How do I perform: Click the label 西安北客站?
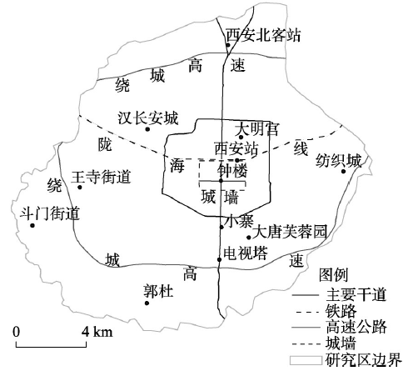point(263,35)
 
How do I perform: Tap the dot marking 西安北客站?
point(228,45)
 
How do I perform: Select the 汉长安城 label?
point(148,118)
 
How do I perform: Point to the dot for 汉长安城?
point(147,129)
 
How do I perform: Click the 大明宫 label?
point(256,129)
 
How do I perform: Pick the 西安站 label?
point(236,148)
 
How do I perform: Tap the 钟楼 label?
point(232,170)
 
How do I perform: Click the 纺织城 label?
point(339,161)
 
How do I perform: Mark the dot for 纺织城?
point(343,171)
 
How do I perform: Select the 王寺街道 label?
point(101,177)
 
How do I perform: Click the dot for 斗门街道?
point(32,225)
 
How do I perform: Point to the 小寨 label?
point(240,222)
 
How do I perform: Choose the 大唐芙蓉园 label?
point(290,232)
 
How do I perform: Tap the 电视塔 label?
point(246,253)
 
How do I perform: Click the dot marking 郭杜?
point(147,303)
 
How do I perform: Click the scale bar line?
point(51,347)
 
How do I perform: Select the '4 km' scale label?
point(97,332)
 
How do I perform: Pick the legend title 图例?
point(333,275)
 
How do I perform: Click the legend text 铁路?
point(341,311)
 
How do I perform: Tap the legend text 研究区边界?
point(364,360)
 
